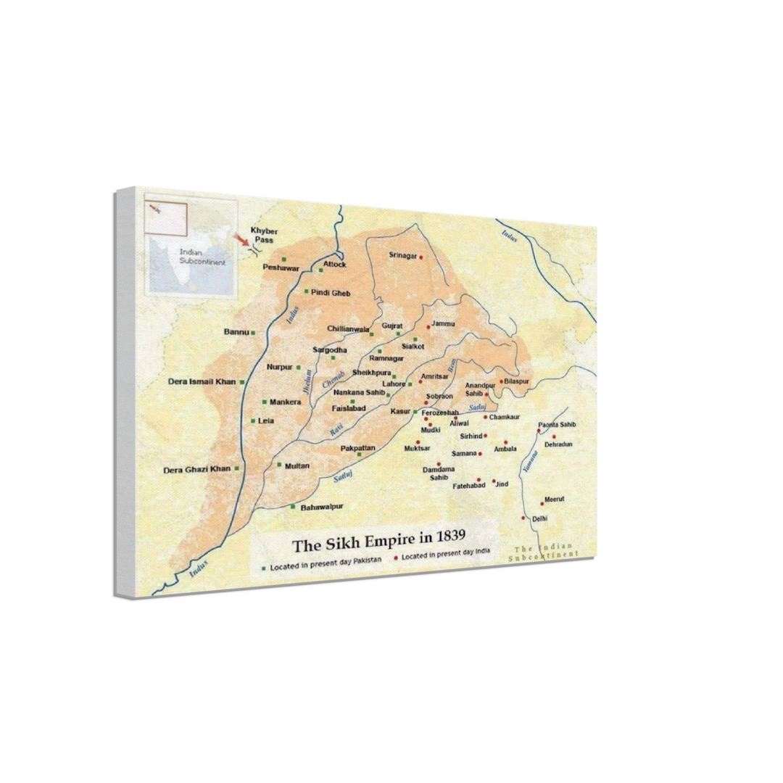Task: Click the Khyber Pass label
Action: [263, 234]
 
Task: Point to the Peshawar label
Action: [281, 268]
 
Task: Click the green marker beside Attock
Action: [321, 270]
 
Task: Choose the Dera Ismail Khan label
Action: [202, 381]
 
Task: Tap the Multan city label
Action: [297, 466]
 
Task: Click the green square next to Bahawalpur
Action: [293, 507]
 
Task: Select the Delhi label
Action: [539, 519]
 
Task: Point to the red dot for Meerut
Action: [542, 503]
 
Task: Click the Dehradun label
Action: [558, 444]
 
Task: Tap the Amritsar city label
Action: [434, 377]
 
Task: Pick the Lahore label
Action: [394, 384]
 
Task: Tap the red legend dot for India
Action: [396, 558]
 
